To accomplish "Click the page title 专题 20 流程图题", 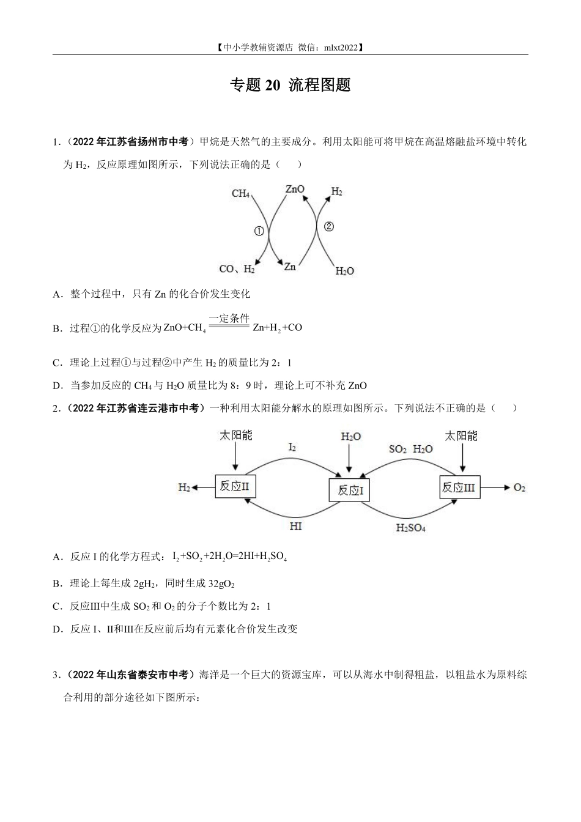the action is click(290, 85).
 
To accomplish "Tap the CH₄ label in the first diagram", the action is click(240, 193).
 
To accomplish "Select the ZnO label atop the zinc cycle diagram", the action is click(295, 189).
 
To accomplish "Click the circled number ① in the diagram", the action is click(259, 231).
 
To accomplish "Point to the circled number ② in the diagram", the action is click(329, 227).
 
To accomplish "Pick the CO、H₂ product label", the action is click(237, 269).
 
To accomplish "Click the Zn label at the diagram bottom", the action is click(290, 267).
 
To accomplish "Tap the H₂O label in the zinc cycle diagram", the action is click(345, 271).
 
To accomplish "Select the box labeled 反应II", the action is click(235, 487).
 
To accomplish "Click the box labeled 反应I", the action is click(349, 490).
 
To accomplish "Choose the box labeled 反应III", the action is click(460, 487).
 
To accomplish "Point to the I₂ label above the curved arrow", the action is click(292, 447).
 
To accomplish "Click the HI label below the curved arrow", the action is click(295, 526).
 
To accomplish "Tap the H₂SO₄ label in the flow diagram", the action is click(411, 528).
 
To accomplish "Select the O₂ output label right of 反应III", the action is click(519, 487).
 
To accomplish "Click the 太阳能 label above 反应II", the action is click(235, 435).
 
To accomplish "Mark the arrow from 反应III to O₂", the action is click(495, 487).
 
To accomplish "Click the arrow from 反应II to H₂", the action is click(203, 487).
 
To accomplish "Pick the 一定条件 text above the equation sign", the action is click(229, 318).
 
